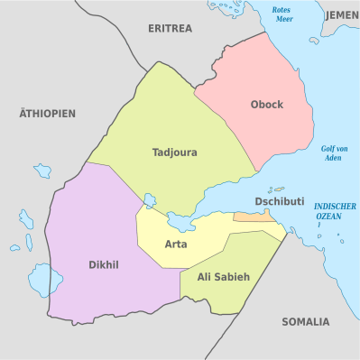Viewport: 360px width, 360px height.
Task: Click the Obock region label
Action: (266, 105)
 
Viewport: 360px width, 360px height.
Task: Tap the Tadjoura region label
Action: (174, 152)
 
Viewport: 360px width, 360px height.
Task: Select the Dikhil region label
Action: (104, 265)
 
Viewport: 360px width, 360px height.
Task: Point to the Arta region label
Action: (176, 245)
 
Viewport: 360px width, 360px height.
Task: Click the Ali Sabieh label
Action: (223, 276)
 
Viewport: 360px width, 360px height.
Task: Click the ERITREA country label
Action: (170, 29)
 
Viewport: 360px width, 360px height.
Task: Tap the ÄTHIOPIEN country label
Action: (47, 114)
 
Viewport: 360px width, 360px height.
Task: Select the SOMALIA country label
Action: (305, 321)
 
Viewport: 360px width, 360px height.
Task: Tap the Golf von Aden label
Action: (334, 152)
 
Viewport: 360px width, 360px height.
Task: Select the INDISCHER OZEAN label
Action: (335, 211)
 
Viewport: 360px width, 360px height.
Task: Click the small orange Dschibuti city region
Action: (254, 217)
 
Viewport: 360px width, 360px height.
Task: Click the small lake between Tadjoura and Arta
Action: (150, 200)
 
